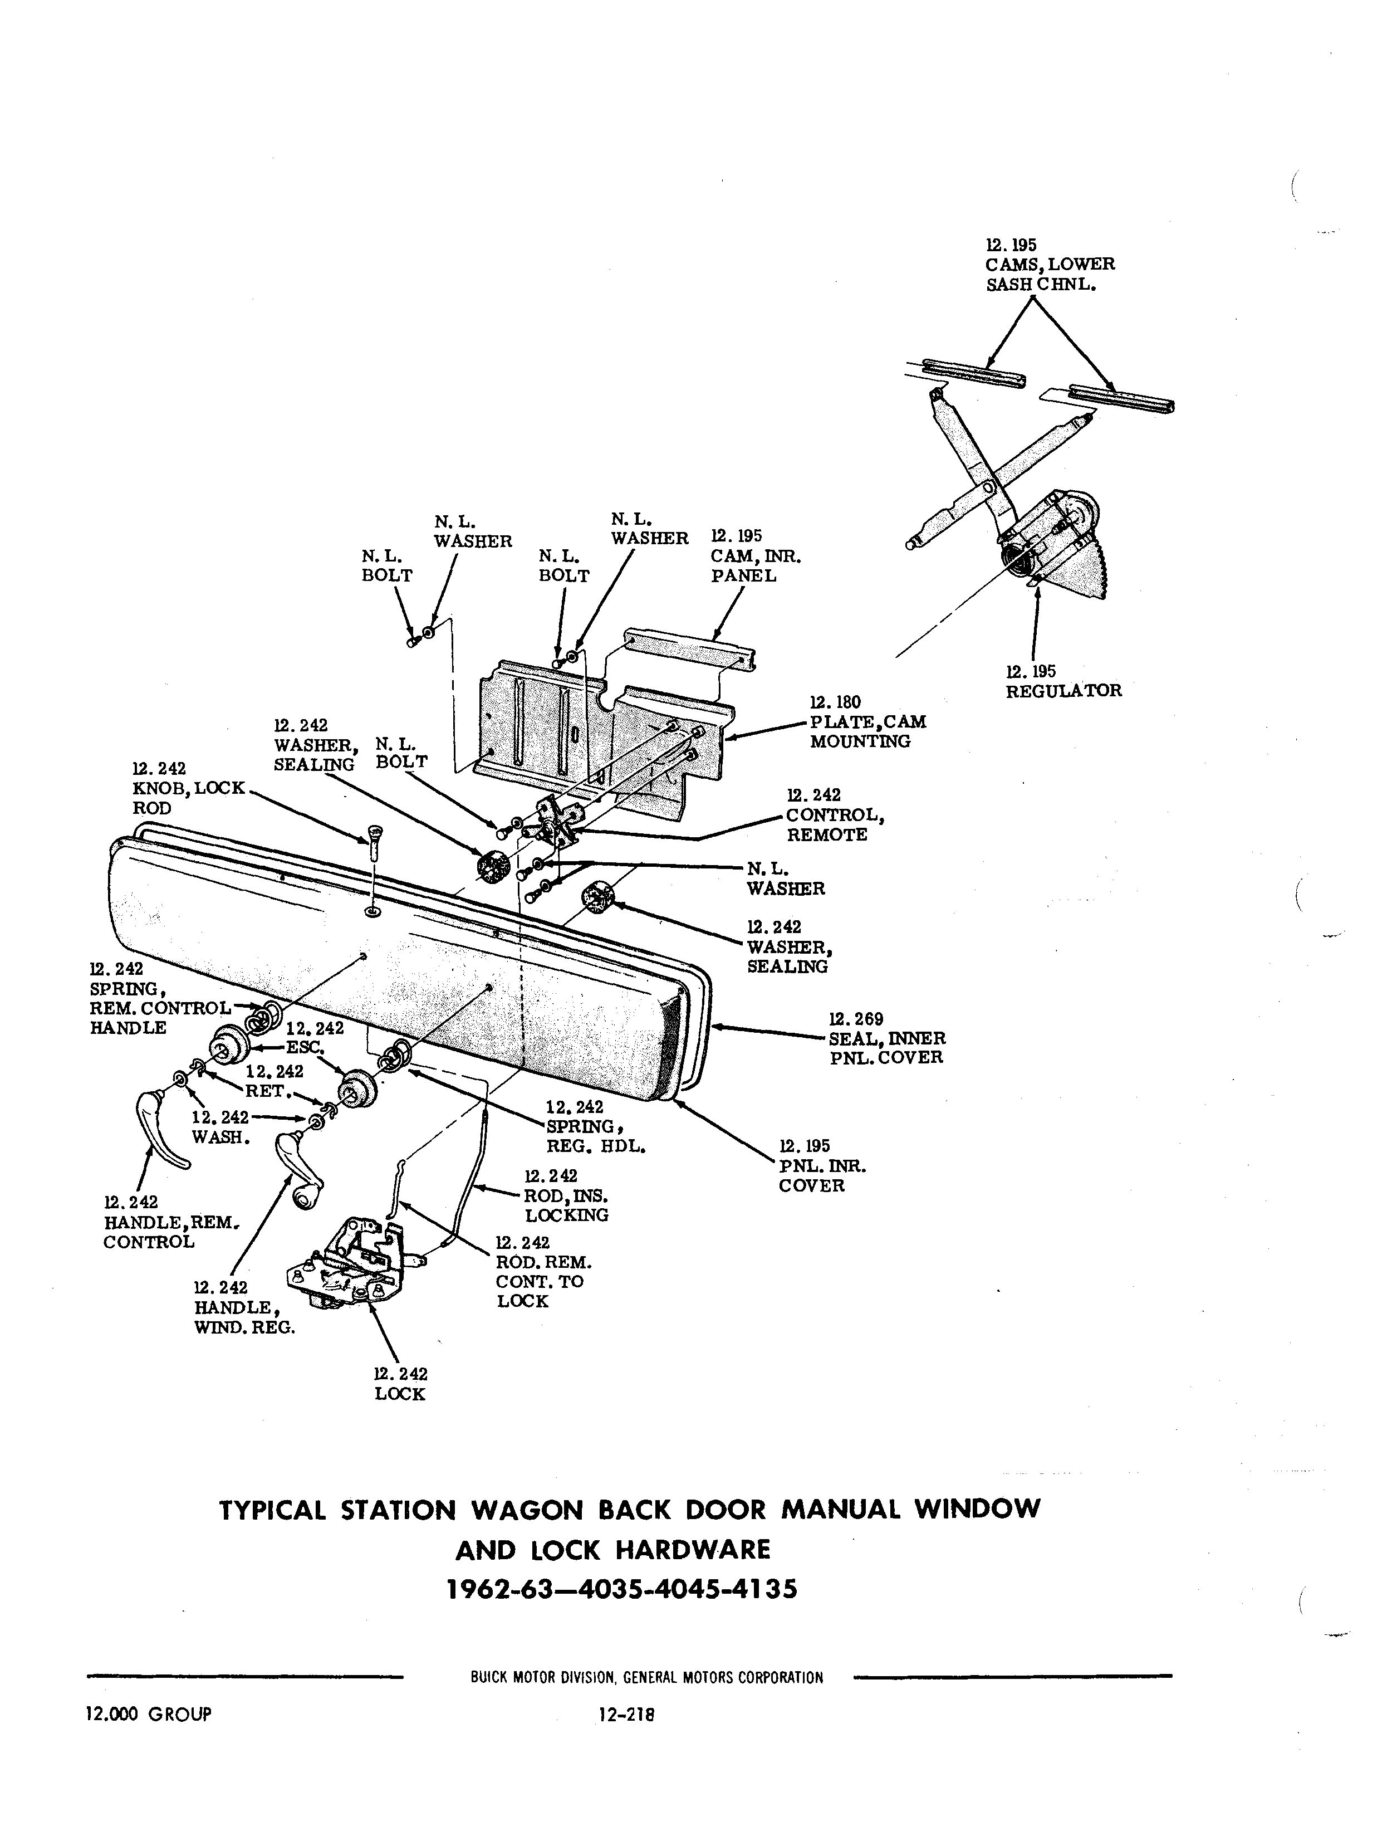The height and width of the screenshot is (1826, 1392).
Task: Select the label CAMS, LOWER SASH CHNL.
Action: coord(1050,265)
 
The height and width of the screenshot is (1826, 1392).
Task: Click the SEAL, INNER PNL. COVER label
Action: coord(886,1038)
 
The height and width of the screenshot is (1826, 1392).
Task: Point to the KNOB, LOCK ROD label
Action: coord(188,788)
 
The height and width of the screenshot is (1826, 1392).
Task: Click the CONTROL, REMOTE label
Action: coord(835,816)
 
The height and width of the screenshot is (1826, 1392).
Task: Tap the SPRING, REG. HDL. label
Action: coord(595,1127)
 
